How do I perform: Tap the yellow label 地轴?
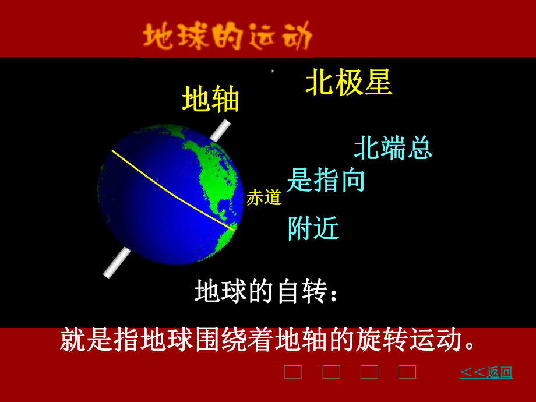click(211, 99)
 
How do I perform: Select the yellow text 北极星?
click(348, 83)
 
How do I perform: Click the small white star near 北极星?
click(272, 71)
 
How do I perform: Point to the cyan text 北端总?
click(393, 148)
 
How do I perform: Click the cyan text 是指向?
click(326, 180)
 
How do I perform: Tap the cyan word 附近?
click(313, 228)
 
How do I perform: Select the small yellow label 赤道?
click(264, 198)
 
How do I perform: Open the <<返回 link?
click(486, 372)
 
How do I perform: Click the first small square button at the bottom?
click(293, 372)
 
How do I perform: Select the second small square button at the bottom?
click(331, 372)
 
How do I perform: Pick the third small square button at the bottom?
click(369, 372)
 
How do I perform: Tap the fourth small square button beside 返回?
click(407, 372)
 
